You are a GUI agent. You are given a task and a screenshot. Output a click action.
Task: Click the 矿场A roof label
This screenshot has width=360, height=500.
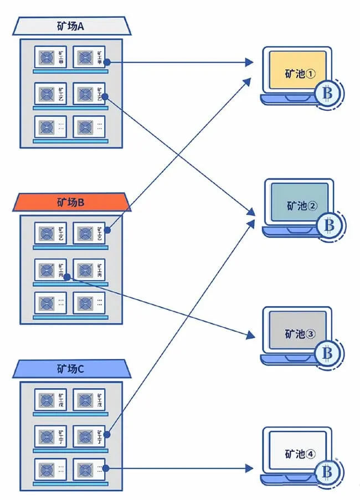[71, 25]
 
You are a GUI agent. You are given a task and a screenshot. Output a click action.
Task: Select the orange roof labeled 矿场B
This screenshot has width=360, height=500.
[71, 203]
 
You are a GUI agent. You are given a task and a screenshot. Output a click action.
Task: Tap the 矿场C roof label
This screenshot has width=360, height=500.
[71, 368]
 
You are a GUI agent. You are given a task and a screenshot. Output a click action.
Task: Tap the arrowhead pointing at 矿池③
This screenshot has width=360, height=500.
[250, 336]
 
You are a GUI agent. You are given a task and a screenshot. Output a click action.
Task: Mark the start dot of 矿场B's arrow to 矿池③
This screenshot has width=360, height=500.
[66, 276]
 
